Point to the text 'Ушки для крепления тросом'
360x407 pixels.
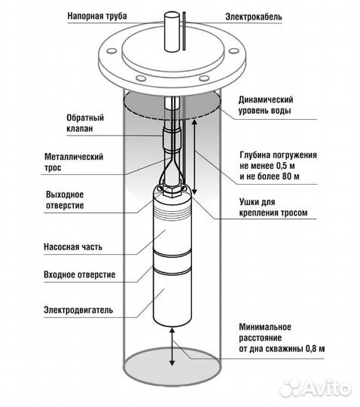coord(267,207)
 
